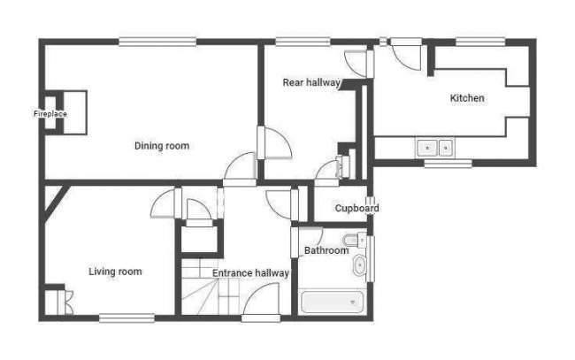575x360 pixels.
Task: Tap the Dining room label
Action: click(162, 146)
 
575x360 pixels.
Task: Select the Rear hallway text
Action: click(311, 82)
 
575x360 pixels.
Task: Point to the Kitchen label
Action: click(467, 98)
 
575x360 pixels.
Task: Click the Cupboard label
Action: click(356, 209)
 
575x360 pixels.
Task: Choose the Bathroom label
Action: click(326, 251)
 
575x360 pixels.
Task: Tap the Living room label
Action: click(115, 272)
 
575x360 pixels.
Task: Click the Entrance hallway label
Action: click(250, 273)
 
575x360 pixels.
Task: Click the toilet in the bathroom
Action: click(356, 241)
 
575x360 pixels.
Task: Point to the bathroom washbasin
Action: click(359, 267)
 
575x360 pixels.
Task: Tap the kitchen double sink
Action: click(435, 147)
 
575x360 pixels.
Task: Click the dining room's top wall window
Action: click(157, 40)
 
